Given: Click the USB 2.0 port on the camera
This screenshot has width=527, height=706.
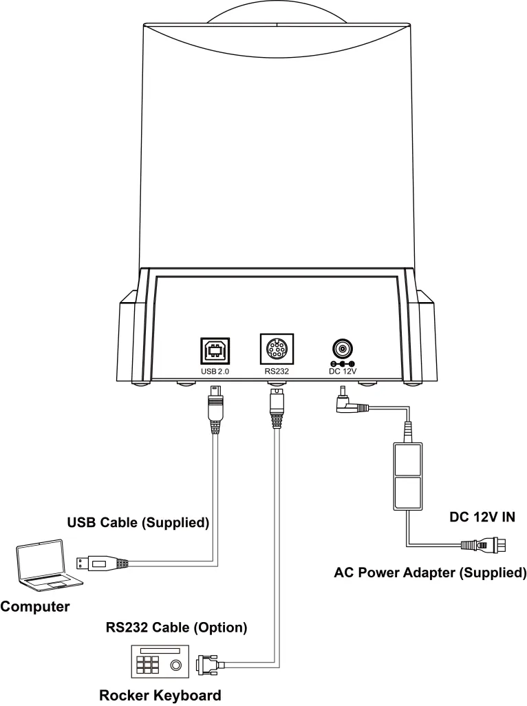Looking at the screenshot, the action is click(x=215, y=351).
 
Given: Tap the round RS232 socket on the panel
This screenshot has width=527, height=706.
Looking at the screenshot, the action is click(x=277, y=349).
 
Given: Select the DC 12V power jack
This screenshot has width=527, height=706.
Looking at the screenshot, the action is click(x=343, y=348).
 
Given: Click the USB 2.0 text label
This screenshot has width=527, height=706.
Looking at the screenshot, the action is click(x=215, y=372).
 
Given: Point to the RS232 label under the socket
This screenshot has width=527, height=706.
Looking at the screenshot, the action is click(x=277, y=372).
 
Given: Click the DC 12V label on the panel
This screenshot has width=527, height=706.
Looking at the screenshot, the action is click(x=343, y=372).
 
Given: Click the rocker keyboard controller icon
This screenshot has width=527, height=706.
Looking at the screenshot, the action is click(x=160, y=661).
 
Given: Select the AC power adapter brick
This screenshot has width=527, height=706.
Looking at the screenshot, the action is click(x=408, y=477).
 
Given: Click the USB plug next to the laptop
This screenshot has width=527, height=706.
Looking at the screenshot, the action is click(x=101, y=564).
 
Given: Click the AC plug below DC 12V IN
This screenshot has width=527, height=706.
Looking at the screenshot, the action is click(x=484, y=545).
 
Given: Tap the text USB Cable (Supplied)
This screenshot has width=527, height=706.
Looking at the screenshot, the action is click(x=138, y=522).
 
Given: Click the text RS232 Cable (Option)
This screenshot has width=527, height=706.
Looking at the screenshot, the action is click(x=176, y=627).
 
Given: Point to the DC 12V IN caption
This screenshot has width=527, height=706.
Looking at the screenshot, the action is click(x=482, y=517).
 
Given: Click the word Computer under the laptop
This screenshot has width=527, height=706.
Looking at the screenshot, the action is click(x=35, y=606).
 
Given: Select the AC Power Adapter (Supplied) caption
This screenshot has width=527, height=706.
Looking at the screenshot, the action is click(x=430, y=573).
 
